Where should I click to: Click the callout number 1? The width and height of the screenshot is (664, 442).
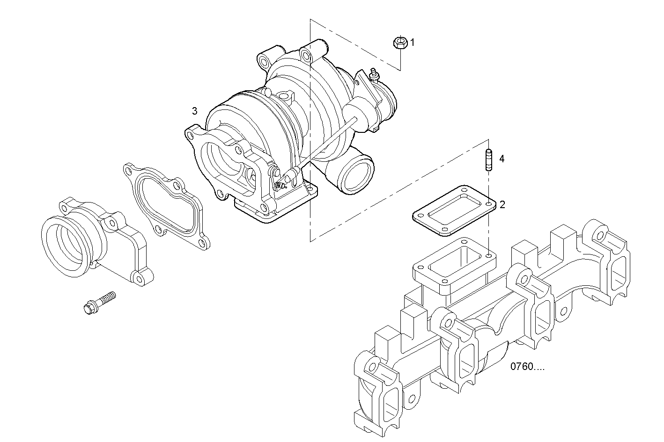(x=413, y=43)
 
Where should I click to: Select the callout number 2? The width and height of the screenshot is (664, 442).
(x=502, y=204)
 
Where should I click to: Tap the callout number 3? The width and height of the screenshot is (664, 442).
(x=194, y=111)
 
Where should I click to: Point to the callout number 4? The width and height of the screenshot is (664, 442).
(x=502, y=159)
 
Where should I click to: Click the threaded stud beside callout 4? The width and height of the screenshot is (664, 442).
(x=488, y=160)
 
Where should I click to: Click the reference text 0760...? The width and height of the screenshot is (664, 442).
(x=527, y=367)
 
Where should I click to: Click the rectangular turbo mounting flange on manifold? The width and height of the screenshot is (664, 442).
(x=454, y=267)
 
